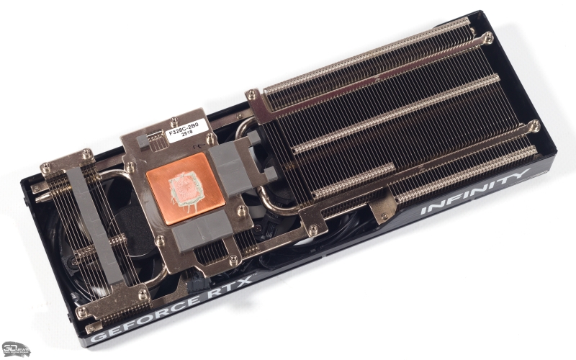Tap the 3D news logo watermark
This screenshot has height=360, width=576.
click(x=16, y=349)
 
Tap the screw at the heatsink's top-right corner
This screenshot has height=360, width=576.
click(x=488, y=35)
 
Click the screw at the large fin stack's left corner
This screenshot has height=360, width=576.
click(x=251, y=94)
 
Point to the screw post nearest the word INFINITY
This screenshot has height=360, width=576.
click(x=534, y=126)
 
